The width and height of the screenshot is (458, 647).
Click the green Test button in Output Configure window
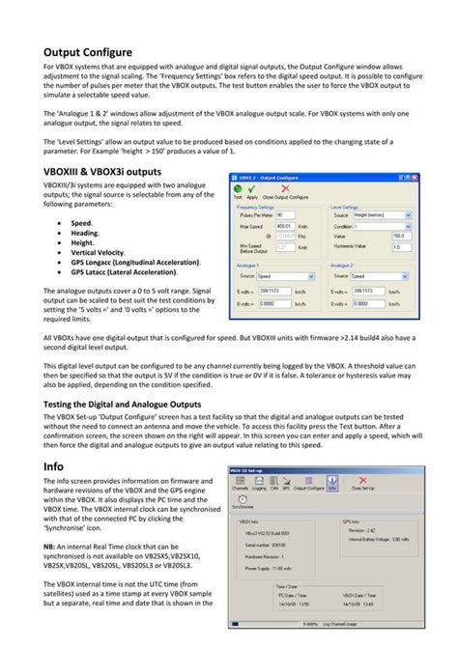click(x=238, y=190)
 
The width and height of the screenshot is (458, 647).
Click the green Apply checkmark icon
click(x=252, y=190)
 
